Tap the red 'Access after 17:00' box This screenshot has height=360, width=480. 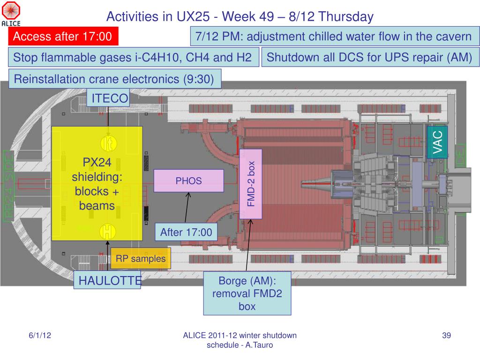[x=63, y=36]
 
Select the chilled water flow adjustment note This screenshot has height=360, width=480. [x=333, y=37]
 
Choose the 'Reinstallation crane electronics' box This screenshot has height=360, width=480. [x=115, y=79]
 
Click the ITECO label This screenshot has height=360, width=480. [x=110, y=98]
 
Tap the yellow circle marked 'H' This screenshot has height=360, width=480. [x=108, y=232]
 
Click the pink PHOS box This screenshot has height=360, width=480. [x=188, y=181]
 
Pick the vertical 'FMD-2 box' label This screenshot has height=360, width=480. [x=251, y=184]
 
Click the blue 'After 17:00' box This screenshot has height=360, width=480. [x=186, y=232]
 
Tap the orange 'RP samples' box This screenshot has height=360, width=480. [x=141, y=259]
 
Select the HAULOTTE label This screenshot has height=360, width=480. [x=109, y=281]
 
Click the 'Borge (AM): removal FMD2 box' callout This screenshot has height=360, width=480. [x=247, y=293]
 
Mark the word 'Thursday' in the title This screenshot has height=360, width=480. [x=346, y=17]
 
